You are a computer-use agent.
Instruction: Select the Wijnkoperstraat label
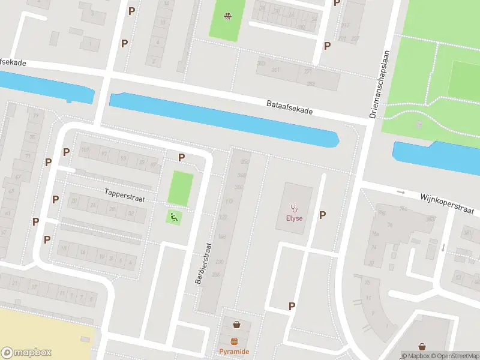tap(447, 203)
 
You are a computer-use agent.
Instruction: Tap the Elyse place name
tap(294, 218)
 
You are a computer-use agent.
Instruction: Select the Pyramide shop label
tap(234, 351)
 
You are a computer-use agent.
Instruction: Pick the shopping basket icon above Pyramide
tap(236, 325)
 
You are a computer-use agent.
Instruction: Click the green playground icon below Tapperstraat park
tap(173, 218)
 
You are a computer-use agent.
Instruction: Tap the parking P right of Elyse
tap(323, 215)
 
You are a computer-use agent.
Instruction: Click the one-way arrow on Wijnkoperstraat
tap(401, 193)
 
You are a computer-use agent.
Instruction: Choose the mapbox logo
tap(26, 353)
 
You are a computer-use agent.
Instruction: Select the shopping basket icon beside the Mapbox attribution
tap(422, 347)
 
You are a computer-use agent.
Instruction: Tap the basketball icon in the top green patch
tap(227, 16)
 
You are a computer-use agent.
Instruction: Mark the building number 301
tap(276, 70)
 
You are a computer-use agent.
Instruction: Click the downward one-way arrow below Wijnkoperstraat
tap(443, 247)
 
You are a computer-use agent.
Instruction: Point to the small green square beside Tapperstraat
tap(181, 189)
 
